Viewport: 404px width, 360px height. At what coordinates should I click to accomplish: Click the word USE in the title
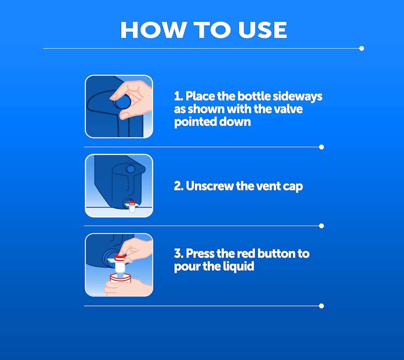click(x=262, y=30)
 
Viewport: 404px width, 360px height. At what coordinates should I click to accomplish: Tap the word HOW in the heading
click(x=154, y=30)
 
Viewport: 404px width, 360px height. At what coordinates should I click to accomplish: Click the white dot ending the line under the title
click(x=362, y=48)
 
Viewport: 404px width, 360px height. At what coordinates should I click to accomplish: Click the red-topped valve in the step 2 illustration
click(x=132, y=207)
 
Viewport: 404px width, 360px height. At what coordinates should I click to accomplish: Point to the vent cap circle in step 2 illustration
click(x=130, y=169)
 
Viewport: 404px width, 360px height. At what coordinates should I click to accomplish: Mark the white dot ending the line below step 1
click(x=321, y=147)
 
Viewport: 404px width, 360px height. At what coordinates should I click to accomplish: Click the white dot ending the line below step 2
click(x=321, y=226)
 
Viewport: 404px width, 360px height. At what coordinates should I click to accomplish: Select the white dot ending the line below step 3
click(x=321, y=306)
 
